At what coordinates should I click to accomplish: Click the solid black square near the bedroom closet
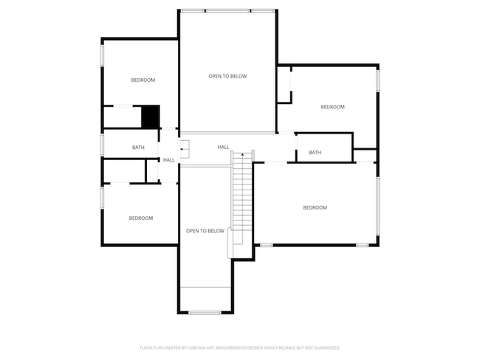[x=150, y=116]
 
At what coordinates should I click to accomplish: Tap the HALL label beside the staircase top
[x=223, y=148]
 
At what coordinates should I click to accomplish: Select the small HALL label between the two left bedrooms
[x=169, y=160]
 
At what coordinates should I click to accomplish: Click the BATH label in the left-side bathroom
[x=138, y=148]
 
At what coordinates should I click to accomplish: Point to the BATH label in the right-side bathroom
[x=315, y=153]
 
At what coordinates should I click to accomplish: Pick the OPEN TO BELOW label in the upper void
[x=227, y=76]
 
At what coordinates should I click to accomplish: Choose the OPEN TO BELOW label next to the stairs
[x=205, y=231]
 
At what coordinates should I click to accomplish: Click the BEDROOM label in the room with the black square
[x=143, y=80]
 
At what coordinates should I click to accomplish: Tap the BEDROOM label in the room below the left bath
[x=140, y=218]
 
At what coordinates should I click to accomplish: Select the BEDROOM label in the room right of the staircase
[x=315, y=208]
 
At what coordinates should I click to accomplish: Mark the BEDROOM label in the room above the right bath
[x=332, y=107]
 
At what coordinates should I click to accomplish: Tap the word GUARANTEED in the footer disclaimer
[x=324, y=347]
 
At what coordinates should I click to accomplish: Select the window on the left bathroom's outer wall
[x=102, y=145]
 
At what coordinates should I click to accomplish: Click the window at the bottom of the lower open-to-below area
[x=205, y=313]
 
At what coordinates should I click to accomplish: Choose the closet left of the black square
[x=121, y=117]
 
